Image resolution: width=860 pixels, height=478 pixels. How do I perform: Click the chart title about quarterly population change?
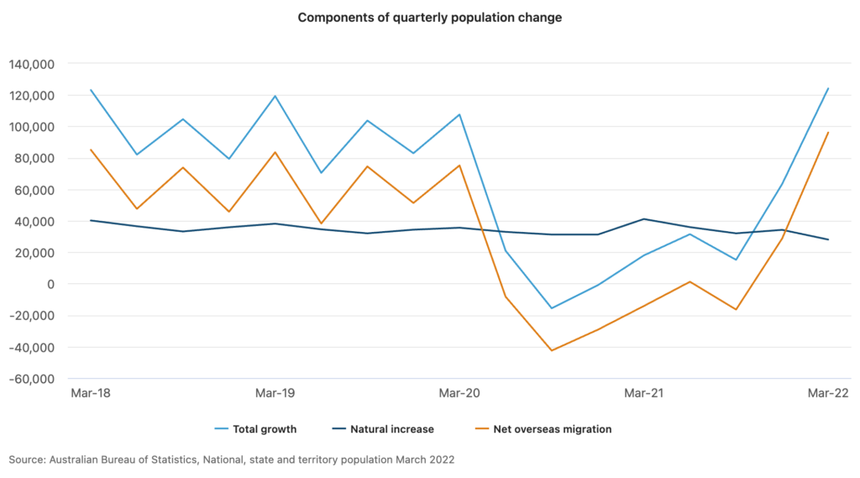(x=429, y=18)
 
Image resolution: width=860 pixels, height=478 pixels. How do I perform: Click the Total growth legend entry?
(x=255, y=429)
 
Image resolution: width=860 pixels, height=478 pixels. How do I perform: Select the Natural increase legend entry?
(x=383, y=429)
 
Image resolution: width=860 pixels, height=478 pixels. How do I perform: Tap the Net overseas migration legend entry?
(x=543, y=429)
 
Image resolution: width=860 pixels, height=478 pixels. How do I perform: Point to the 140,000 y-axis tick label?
(x=32, y=64)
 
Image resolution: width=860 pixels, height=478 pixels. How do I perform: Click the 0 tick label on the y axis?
(x=51, y=284)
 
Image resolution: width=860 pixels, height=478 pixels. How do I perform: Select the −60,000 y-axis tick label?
(x=32, y=379)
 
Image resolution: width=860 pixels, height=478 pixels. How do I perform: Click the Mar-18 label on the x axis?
(x=91, y=393)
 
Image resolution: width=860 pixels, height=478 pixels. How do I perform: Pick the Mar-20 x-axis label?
(x=459, y=393)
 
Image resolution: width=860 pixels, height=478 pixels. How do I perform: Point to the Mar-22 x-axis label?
(x=828, y=393)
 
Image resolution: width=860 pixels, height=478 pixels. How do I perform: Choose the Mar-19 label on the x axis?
(x=275, y=393)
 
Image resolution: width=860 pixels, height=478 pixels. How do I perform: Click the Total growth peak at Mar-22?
(x=828, y=88)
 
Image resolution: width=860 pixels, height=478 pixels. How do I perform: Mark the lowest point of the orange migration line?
(x=552, y=350)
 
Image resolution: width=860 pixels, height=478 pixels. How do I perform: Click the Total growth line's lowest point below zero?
(x=552, y=307)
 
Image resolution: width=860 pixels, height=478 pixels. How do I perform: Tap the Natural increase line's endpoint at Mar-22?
(x=828, y=239)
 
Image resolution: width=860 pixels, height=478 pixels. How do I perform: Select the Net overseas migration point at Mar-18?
(x=91, y=150)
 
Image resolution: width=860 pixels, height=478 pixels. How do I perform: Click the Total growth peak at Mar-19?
(x=275, y=96)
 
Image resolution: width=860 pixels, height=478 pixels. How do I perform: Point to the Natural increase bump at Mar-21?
(x=644, y=219)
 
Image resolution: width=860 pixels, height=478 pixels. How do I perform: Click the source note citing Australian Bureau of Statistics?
(x=232, y=460)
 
